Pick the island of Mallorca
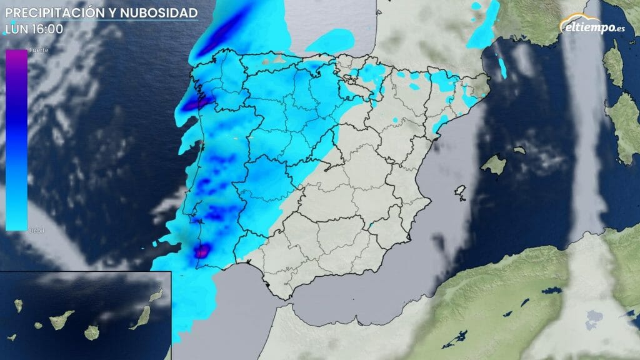click(x=493, y=164)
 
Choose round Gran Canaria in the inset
click(x=92, y=332)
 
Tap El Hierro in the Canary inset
click(x=12, y=337)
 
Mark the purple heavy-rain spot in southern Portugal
click(x=202, y=251)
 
